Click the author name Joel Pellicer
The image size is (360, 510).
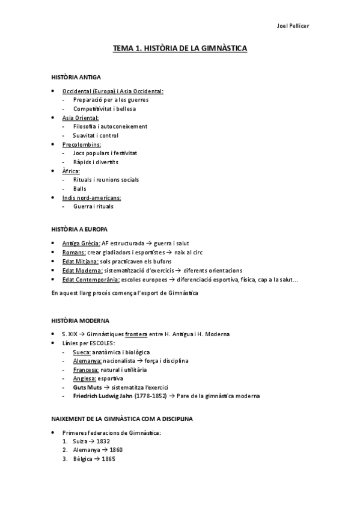pyautogui.click(x=294, y=26)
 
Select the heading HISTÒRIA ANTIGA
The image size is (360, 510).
pyautogui.click(x=76, y=78)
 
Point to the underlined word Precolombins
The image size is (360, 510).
pyautogui.click(x=81, y=144)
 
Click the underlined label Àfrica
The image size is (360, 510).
pyautogui.click(x=71, y=171)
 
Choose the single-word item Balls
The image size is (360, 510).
pyautogui.click(x=80, y=188)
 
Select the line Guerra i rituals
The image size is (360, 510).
pyautogui.click(x=93, y=206)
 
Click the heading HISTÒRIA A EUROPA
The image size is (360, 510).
pyautogui.click(x=80, y=229)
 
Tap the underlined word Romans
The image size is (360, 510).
pyautogui.click(x=74, y=253)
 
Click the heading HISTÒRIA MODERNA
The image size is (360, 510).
pyautogui.click(x=81, y=321)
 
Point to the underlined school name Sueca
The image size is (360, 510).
pyautogui.click(x=82, y=352)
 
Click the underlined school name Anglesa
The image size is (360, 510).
pyautogui.click(x=85, y=379)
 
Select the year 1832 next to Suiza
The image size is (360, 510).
pyautogui.click(x=102, y=441)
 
